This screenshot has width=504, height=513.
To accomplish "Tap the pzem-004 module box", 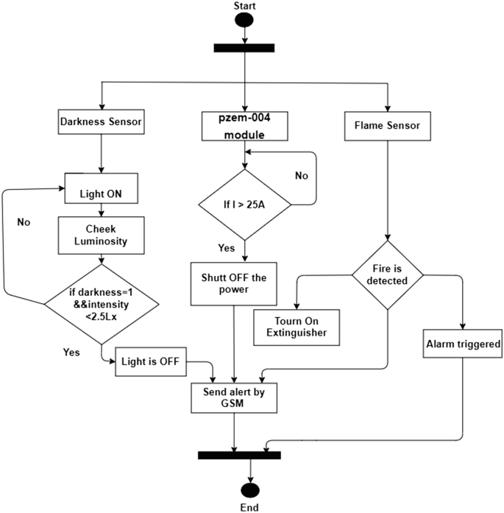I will pos(242,126).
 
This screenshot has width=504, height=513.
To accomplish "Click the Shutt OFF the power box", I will pos(233,283).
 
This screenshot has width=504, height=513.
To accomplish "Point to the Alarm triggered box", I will pos(463,344).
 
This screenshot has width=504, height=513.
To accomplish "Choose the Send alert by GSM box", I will pos(233,397).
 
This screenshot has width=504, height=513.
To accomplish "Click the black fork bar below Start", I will pos(244,49).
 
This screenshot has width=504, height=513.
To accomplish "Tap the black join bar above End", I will pos(239,455).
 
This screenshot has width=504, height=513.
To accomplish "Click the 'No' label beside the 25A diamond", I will pos(301,176).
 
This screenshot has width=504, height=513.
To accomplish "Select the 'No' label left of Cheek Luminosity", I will pos(23,221).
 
